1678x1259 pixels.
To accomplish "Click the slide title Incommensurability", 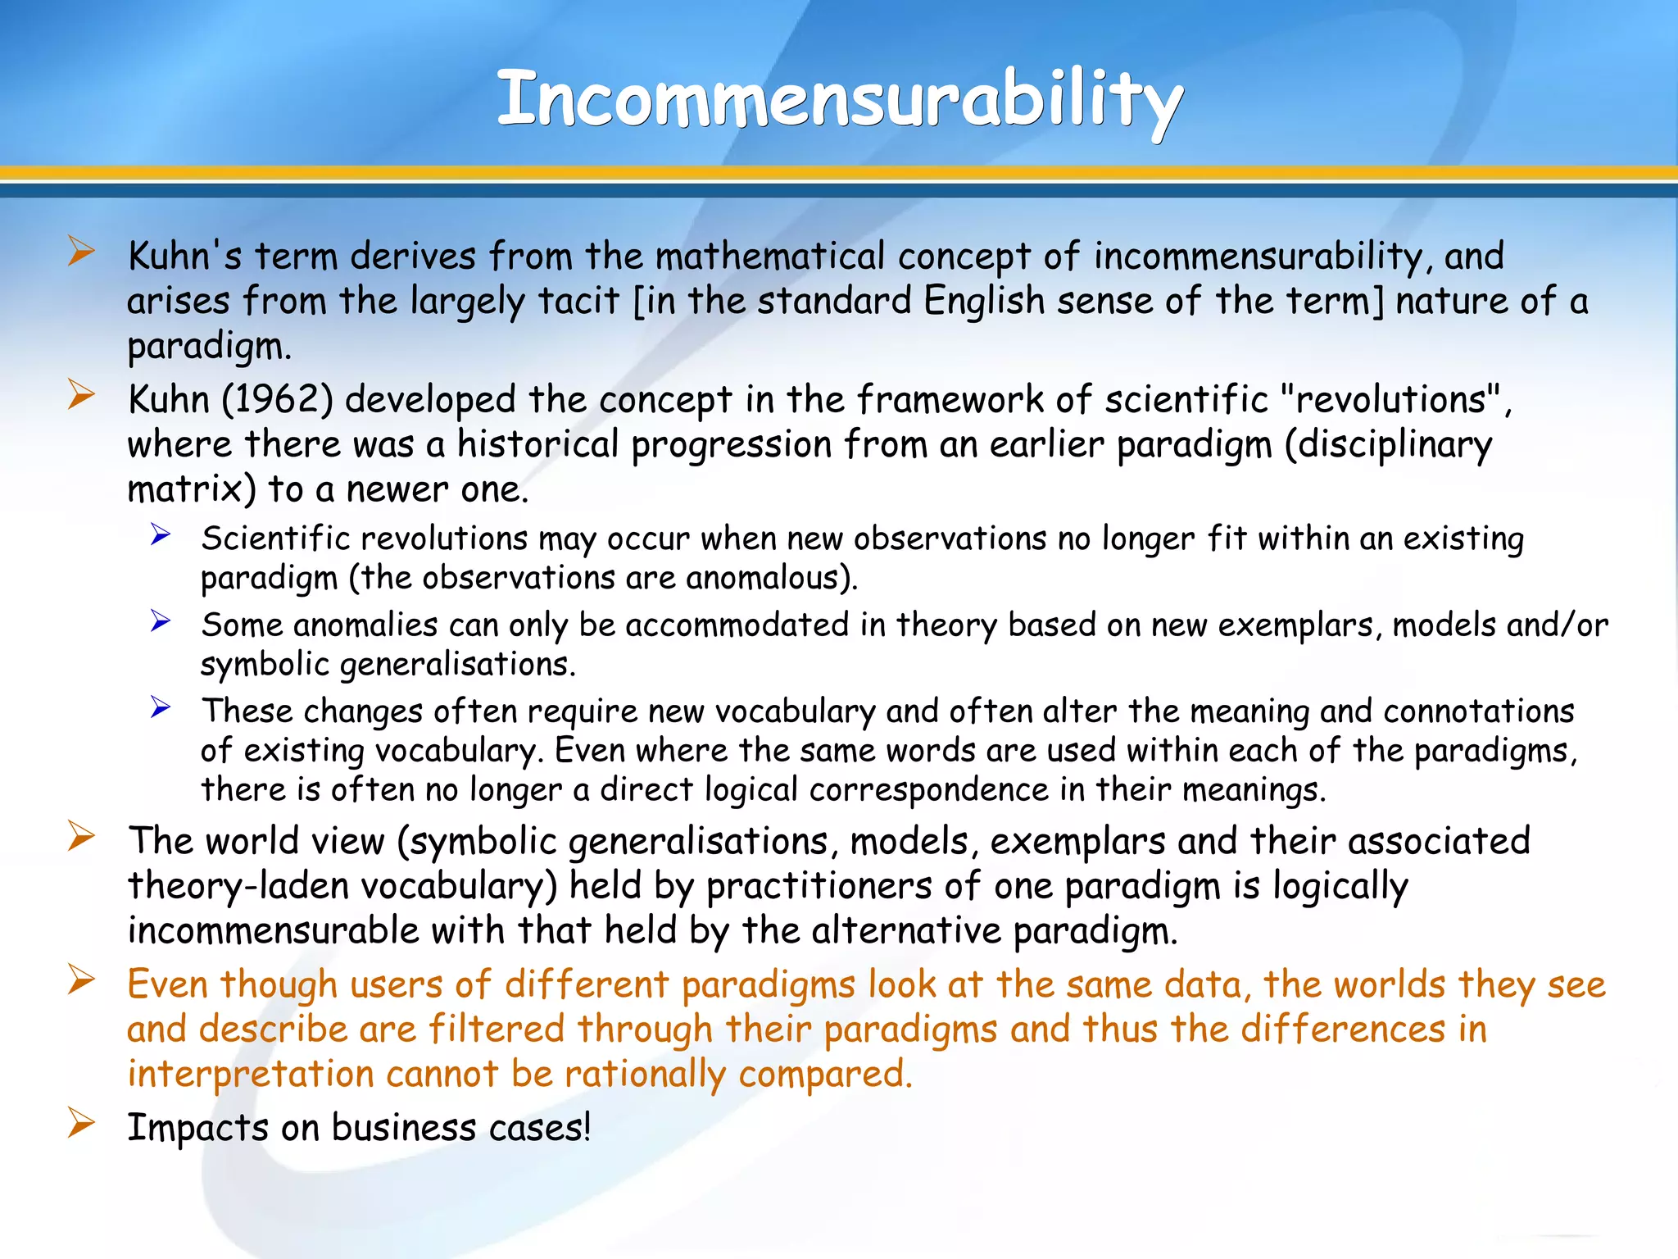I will click(839, 100).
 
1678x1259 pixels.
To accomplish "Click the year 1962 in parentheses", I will click(278, 400).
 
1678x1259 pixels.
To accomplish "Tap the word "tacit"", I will click(578, 301).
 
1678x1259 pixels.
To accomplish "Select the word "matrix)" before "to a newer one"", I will click(192, 489).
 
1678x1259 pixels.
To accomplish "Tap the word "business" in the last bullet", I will click(403, 1128).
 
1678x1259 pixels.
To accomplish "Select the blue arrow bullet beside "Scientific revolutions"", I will click(160, 536).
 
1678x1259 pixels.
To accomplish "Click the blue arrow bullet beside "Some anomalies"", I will click(160, 622).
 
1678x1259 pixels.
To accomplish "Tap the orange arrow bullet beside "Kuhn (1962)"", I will click(81, 395).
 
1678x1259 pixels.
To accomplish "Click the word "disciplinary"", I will click(1388, 445).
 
